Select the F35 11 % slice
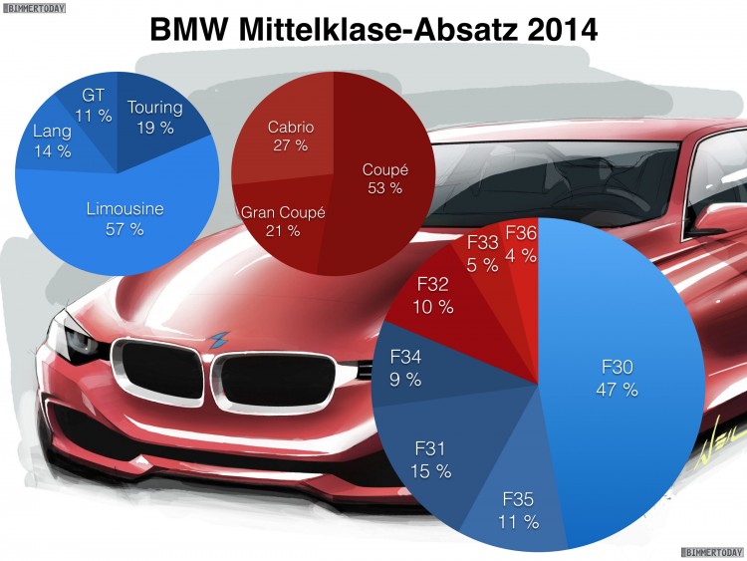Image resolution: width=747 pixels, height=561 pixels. [518, 503]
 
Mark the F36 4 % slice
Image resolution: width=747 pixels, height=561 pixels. [521, 244]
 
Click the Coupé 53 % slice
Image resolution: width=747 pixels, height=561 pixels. [383, 179]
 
